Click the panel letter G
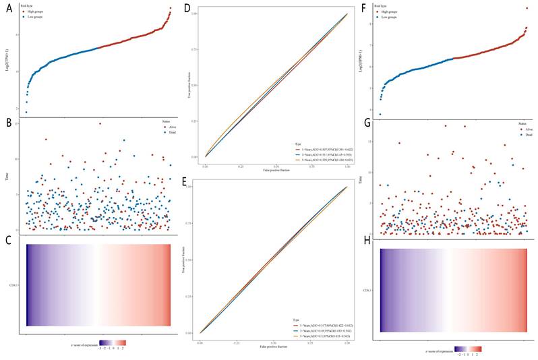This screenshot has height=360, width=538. pyautogui.click(x=366, y=122)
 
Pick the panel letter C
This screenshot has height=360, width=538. pyautogui.click(x=9, y=238)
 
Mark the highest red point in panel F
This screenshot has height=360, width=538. pyautogui.click(x=527, y=9)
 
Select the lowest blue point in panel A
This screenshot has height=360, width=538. pyautogui.click(x=26, y=112)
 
